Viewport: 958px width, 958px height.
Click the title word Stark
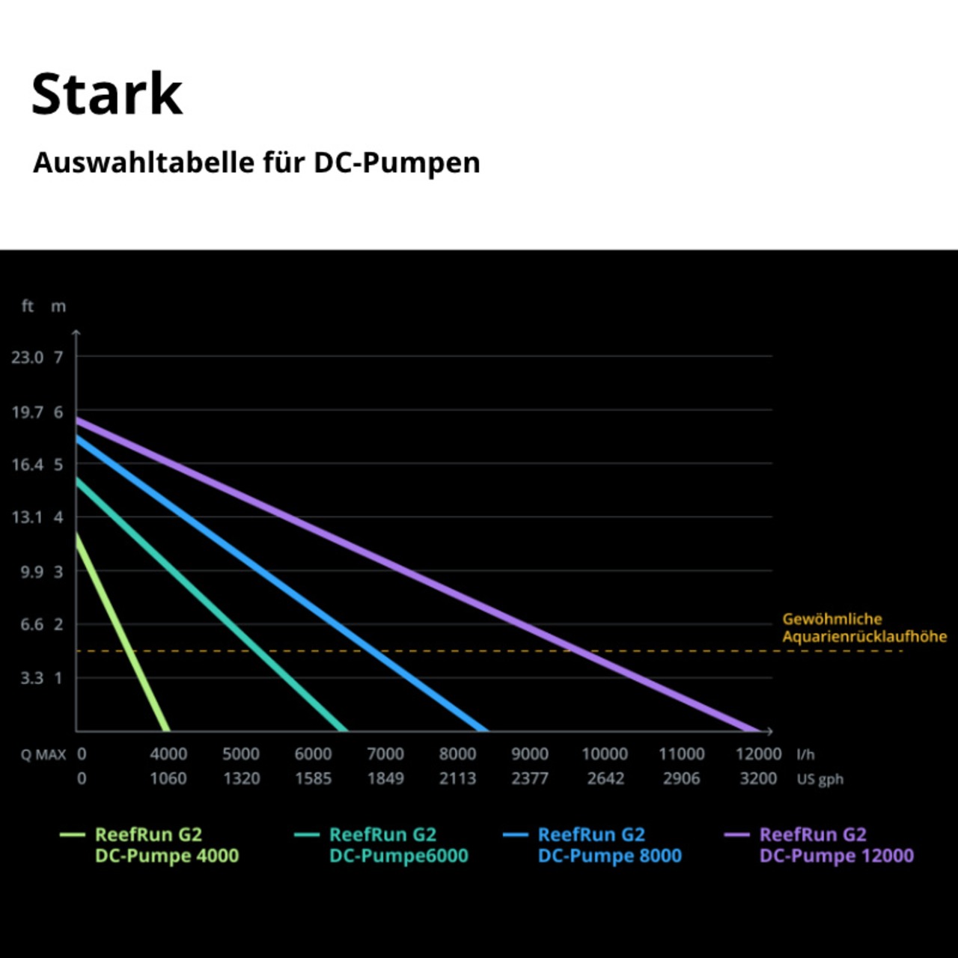(107, 94)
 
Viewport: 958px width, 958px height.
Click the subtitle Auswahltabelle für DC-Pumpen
(256, 162)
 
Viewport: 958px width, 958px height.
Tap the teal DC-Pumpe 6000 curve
(210, 603)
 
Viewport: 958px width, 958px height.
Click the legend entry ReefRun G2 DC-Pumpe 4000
(166, 845)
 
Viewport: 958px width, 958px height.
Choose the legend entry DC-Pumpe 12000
(836, 845)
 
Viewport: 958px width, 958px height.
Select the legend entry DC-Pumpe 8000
(609, 845)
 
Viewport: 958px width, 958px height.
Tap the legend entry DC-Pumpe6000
(398, 845)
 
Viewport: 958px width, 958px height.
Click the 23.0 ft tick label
(27, 357)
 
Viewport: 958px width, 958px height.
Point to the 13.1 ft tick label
(27, 517)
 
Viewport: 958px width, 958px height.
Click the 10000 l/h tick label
(605, 754)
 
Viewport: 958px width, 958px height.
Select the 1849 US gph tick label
(385, 778)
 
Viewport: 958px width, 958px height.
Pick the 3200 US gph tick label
(758, 778)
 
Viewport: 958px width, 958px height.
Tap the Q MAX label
(43, 754)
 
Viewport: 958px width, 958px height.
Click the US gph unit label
(820, 779)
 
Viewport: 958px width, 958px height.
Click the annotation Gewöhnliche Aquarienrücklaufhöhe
(864, 627)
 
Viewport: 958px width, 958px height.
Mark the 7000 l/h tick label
(385, 754)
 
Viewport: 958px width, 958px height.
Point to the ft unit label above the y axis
(28, 306)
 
